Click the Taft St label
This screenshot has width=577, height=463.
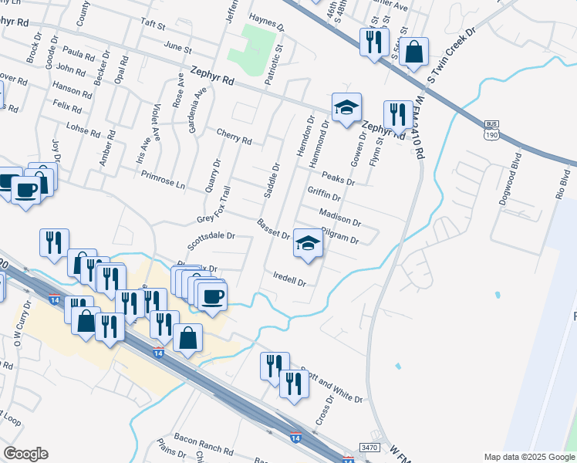click(x=153, y=25)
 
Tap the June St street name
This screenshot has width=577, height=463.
click(x=177, y=48)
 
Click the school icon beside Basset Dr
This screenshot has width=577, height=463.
click(x=308, y=245)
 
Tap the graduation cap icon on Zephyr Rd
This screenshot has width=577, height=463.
click(x=346, y=107)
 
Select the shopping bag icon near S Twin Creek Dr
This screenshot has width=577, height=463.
click(x=413, y=53)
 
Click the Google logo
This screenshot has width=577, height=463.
click(x=25, y=454)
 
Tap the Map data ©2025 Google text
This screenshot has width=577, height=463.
click(x=528, y=457)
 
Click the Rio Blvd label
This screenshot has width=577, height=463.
click(x=561, y=190)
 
